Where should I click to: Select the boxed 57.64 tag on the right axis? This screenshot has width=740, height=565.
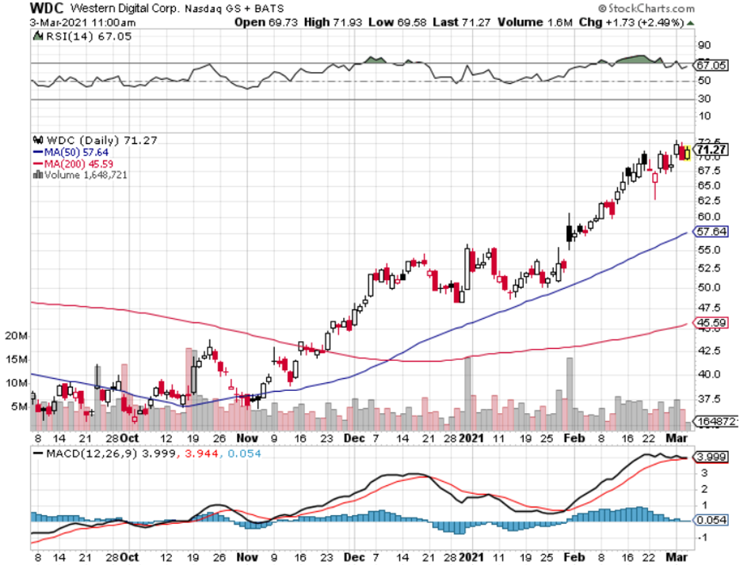711,233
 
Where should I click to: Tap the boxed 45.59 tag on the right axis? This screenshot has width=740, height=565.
711,323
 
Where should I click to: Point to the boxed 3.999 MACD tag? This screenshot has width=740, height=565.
711,457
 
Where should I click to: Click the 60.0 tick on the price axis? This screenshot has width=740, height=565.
708,216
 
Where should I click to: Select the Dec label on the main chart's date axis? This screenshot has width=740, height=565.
352,438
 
